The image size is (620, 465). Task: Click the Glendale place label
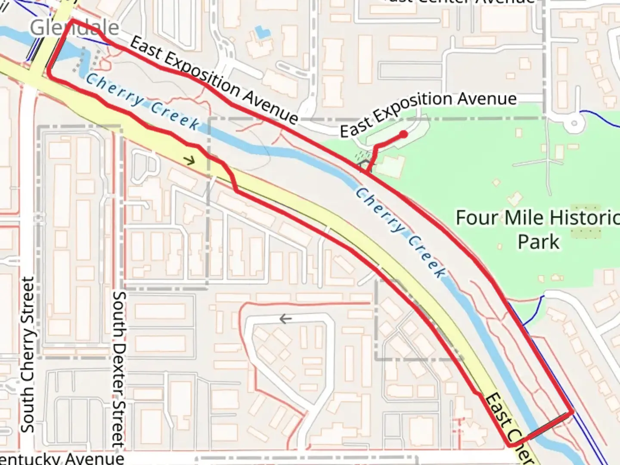point(74,28)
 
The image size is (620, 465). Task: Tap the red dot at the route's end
point(403,134)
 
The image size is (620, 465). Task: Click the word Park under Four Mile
point(538,242)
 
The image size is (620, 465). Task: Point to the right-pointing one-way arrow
point(189,161)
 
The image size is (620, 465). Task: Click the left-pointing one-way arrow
point(285,319)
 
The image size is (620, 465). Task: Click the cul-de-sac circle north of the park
point(573,124)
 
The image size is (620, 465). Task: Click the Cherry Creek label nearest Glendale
point(143,102)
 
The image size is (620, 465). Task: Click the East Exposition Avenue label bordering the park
point(428,113)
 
